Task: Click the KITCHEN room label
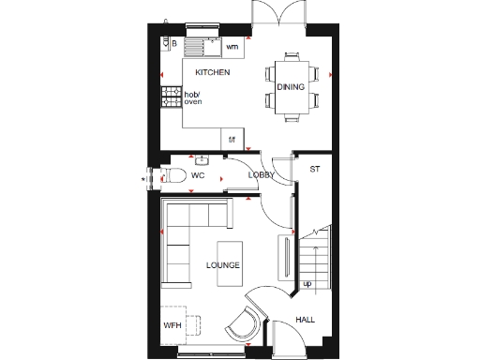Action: coord(213,72)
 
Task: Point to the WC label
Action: coord(198,175)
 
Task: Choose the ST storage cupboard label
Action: coord(314,169)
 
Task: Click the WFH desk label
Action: coord(172,325)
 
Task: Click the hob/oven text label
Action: coord(192,97)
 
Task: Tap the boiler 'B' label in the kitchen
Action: coord(173,42)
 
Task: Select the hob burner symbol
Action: coord(171,97)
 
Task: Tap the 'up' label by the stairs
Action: coord(307,283)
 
